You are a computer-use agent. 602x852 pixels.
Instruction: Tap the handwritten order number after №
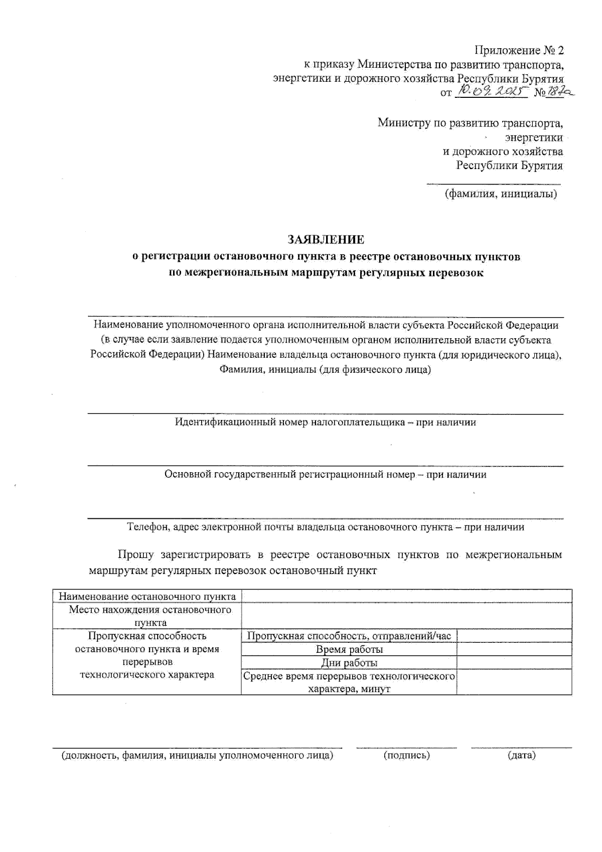561,92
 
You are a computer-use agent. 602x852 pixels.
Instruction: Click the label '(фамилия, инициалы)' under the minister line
501,194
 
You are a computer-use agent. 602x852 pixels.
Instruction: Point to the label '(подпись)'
407,755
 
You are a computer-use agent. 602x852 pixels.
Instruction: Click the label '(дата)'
522,755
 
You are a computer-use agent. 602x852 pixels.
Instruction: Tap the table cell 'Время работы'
349,649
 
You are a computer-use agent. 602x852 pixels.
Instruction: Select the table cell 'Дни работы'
349,663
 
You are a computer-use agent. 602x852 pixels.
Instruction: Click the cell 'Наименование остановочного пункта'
147,596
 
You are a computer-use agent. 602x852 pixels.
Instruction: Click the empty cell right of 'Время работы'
514,649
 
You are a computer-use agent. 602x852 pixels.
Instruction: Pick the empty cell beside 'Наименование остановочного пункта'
406,596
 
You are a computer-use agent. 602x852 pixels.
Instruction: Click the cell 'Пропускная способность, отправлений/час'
349,636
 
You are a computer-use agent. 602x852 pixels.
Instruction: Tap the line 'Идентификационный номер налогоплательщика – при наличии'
326,422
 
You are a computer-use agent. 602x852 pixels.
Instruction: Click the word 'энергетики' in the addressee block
534,137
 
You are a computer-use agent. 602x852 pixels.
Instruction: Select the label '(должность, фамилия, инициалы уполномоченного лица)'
197,755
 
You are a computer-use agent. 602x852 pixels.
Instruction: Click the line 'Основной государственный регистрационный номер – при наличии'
326,474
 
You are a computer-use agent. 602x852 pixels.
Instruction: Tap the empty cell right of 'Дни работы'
514,663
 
